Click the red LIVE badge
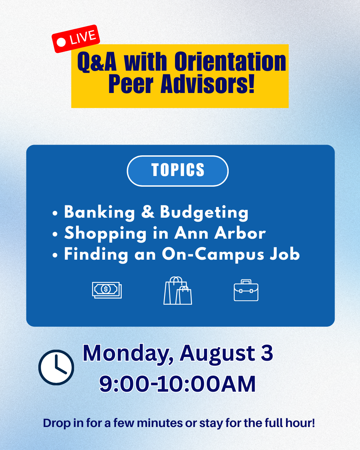pos(76,39)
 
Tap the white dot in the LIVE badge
pos(61,42)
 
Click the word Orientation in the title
pos(230,62)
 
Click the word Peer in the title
pos(131,84)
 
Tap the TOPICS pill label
pos(178,171)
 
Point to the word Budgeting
pos(204,213)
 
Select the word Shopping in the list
pos(105,234)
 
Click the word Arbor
pos(240,233)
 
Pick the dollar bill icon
pos(107,290)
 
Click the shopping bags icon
pos(178,290)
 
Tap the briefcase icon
pos(246,290)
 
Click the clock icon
pos(56,367)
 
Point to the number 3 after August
pos(267,353)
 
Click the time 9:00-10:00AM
pos(177,384)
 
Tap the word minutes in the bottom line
pos(160,423)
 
